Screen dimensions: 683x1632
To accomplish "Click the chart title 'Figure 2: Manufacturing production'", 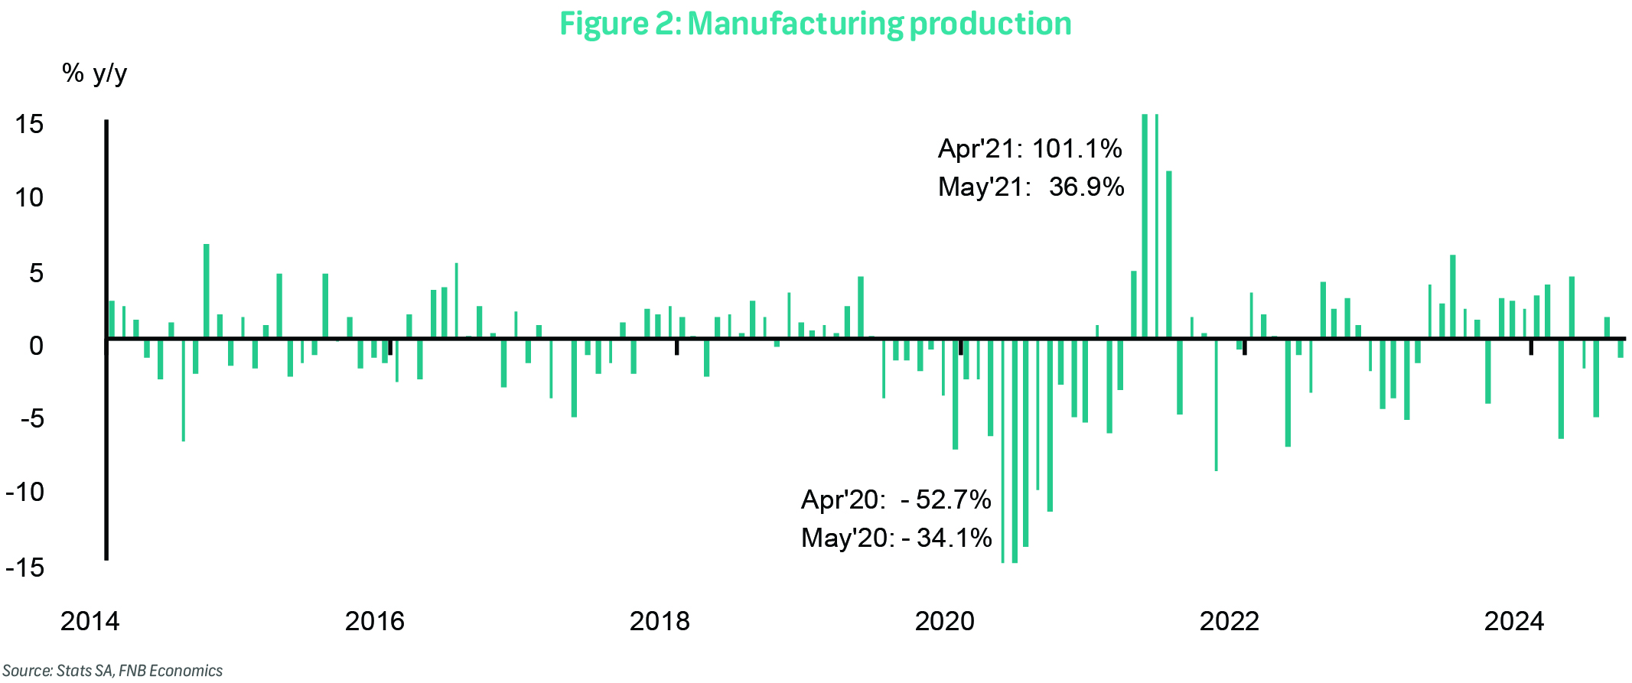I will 815,23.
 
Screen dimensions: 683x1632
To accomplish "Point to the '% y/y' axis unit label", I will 94,73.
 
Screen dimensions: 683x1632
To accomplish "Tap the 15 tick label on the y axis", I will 29,124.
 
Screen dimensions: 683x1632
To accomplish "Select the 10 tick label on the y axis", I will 29,198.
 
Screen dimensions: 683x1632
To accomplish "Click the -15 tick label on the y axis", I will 24,568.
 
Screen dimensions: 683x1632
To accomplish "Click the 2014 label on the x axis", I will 90,621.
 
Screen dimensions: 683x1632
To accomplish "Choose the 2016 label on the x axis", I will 374,621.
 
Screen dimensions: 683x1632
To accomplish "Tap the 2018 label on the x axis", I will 659,621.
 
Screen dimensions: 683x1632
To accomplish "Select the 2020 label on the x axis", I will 944,621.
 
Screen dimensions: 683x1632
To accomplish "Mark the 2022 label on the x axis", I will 1229,621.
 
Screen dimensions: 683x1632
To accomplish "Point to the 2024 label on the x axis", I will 1513,621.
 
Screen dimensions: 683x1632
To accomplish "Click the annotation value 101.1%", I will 1077,148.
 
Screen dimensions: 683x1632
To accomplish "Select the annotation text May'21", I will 985,187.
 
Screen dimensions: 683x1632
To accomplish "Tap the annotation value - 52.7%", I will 946,499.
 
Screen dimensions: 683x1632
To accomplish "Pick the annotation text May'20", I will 846,538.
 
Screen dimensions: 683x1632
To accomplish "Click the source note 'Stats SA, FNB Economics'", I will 140,671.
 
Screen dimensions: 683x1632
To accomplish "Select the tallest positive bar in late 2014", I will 207,291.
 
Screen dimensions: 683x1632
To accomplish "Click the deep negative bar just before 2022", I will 1216,405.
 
